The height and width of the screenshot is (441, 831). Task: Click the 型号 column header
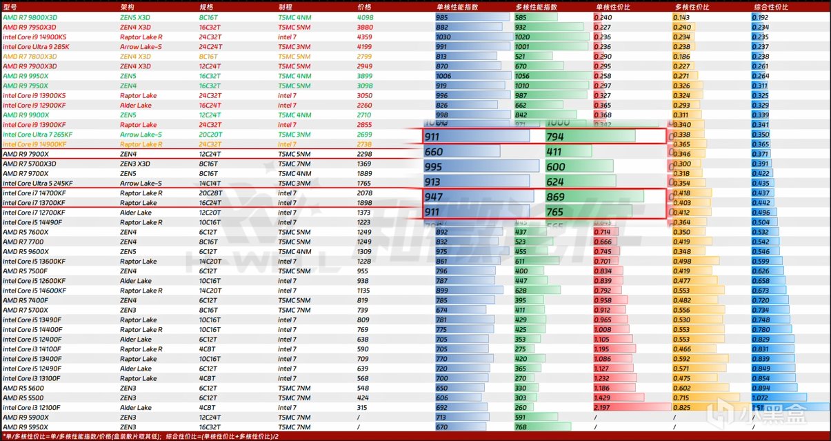coord(9,6)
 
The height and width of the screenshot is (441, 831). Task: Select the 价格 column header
coord(364,6)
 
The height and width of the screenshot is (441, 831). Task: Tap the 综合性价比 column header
coord(769,6)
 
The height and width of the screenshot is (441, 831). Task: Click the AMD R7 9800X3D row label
coord(30,17)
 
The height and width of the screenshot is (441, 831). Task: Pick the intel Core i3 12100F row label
coord(32,408)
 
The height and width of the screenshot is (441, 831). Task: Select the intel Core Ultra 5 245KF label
coord(37,184)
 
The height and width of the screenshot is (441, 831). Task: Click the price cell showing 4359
coord(365,37)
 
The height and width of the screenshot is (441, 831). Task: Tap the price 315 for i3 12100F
coord(363,408)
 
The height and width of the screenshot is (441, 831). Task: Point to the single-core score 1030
coord(443,37)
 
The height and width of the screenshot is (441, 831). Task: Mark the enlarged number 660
coord(434,152)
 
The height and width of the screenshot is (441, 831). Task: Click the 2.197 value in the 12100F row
coord(603,408)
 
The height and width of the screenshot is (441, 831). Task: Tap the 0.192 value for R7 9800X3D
coord(760,17)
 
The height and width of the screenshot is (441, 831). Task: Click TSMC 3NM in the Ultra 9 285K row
coord(294,47)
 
